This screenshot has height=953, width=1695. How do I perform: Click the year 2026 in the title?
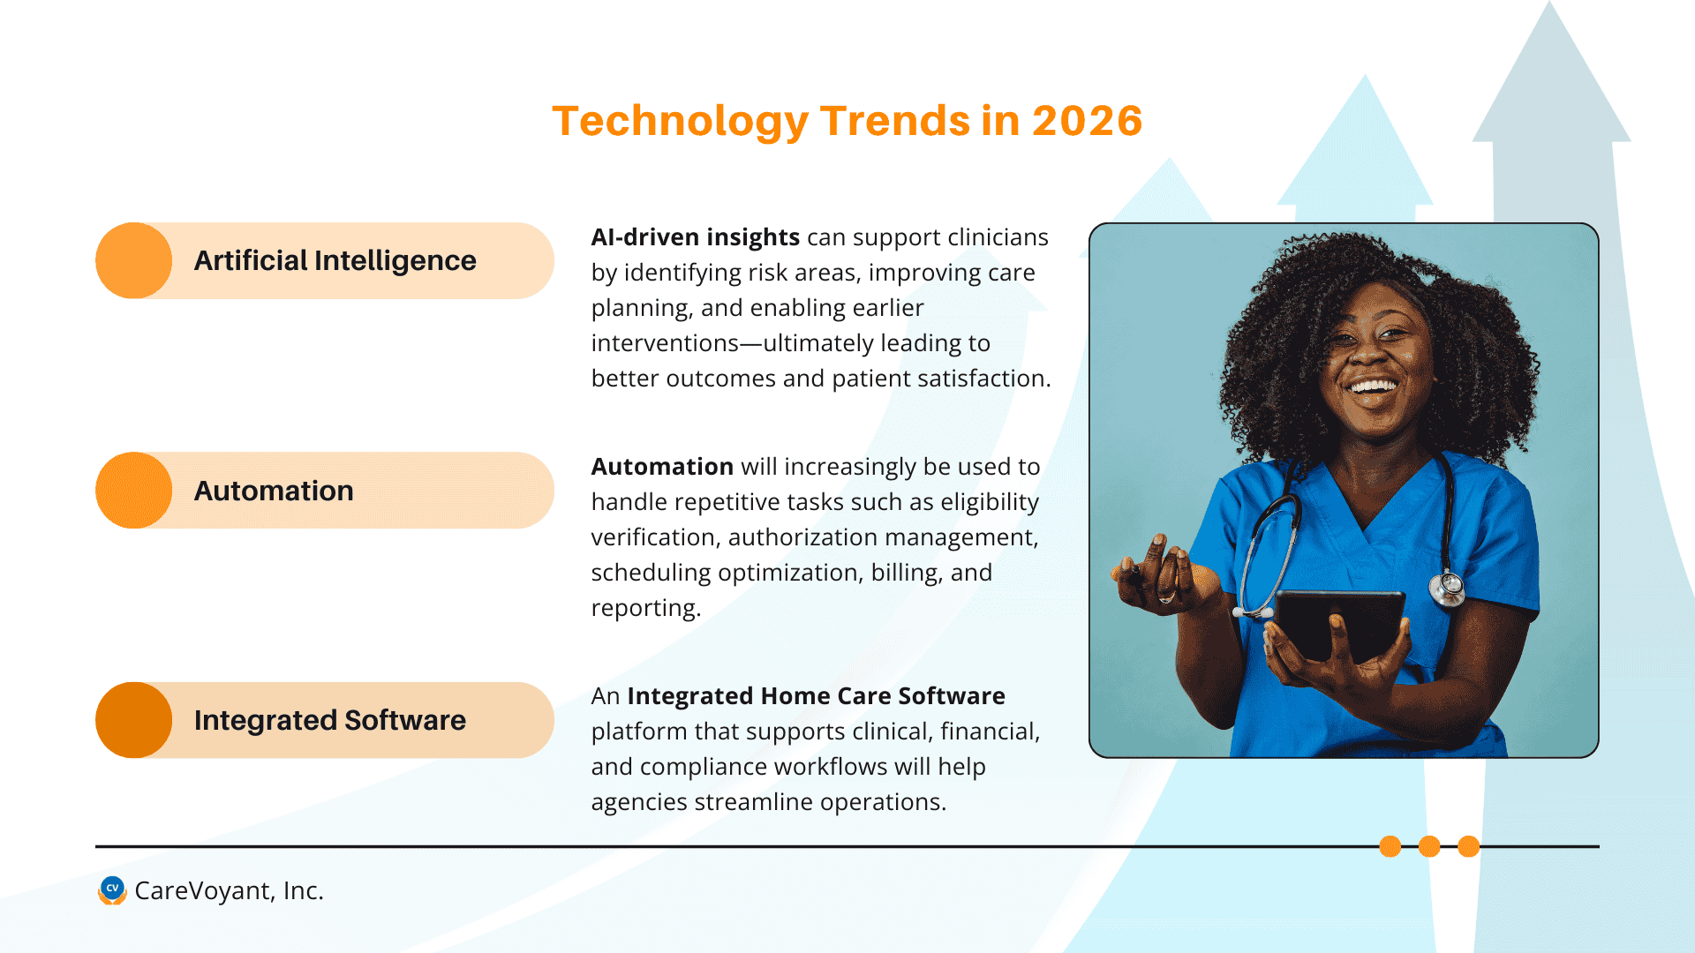1087,121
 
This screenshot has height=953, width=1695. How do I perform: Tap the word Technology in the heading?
680,121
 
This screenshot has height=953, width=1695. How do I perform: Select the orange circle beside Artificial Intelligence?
133,260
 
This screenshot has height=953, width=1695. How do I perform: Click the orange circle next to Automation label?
133,491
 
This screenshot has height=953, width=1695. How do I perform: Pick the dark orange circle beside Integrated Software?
133,720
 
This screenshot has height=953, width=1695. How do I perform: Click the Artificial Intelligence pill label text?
335,261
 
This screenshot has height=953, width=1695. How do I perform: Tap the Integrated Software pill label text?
329,721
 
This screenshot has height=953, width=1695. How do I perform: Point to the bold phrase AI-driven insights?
695,237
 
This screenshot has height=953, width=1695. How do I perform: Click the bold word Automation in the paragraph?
662,467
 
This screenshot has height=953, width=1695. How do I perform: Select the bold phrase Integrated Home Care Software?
816,696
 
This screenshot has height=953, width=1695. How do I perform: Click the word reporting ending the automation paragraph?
644,608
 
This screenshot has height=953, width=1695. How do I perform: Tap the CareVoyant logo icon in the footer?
112,890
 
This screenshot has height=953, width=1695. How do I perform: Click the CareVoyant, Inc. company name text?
229,891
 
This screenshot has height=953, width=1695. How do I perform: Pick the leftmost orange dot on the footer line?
1390,846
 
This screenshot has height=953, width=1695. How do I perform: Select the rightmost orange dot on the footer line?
1468,846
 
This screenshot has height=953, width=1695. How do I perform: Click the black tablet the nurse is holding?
1337,622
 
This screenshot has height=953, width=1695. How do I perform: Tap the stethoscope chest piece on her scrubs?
1447,587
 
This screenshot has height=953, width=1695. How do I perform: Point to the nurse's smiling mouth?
1373,386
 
